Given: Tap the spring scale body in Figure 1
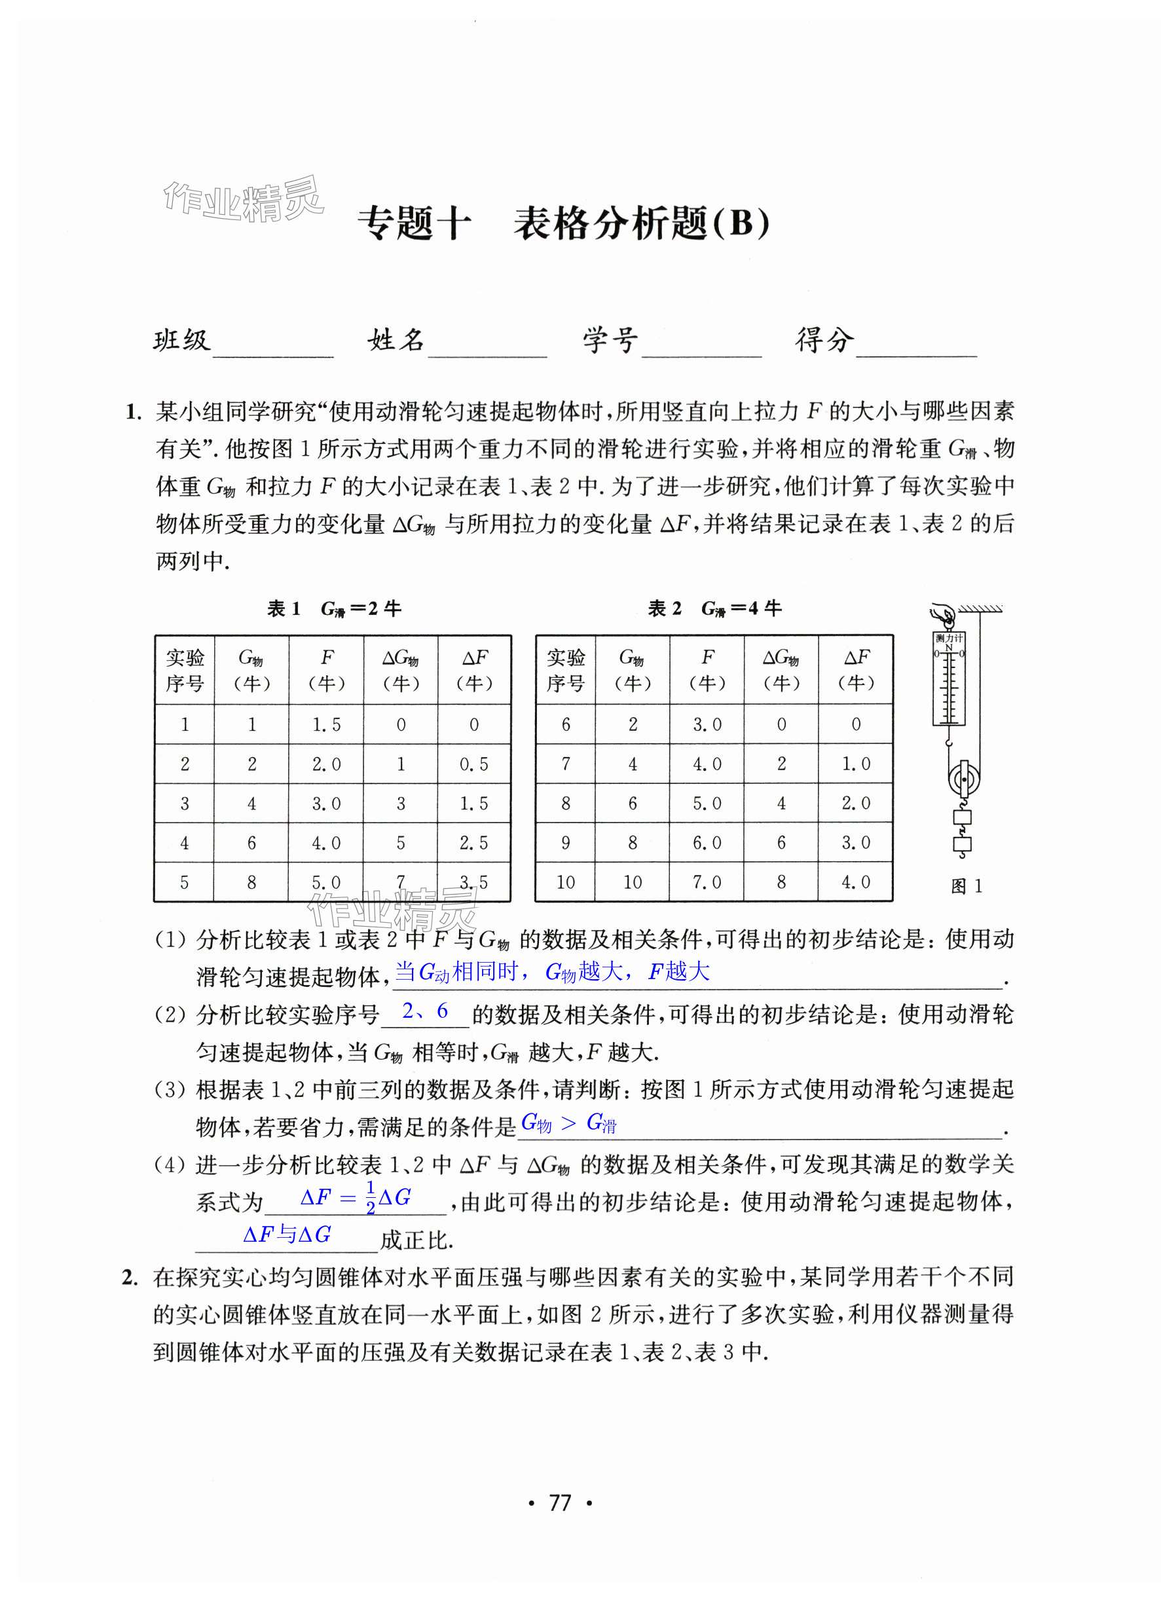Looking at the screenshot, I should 949,679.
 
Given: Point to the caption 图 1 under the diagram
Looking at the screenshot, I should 966,886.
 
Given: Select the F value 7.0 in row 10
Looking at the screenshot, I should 707,882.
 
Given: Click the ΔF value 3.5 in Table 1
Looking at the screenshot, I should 473,882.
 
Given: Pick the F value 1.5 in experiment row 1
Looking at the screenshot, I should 326,725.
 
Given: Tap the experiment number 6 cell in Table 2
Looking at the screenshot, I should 566,725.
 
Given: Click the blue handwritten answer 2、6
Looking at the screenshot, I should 425,1011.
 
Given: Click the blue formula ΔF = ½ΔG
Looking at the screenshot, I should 355,1198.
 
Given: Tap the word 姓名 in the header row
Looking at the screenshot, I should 396,341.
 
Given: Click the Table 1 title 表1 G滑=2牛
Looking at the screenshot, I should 334,609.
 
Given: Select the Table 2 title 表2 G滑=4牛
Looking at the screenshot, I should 714,609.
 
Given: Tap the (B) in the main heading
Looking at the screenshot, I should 741,224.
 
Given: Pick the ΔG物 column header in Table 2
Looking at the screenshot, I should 781,670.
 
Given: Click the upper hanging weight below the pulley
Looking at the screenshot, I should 962,818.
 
